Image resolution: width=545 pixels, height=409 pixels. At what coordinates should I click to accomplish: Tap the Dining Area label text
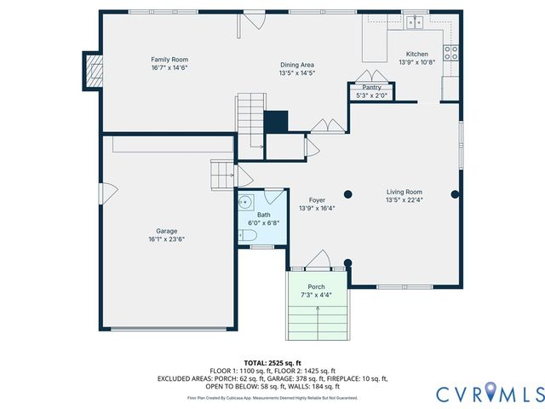click(x=298, y=65)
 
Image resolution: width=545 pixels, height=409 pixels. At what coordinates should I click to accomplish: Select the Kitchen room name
click(x=417, y=54)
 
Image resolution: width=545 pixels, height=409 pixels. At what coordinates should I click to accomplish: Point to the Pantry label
click(x=371, y=87)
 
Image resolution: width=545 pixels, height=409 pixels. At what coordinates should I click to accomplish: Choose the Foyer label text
click(x=317, y=200)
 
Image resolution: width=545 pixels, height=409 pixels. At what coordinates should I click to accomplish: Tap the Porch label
click(x=317, y=286)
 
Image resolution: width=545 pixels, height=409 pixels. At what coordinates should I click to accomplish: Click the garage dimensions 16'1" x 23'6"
click(x=167, y=239)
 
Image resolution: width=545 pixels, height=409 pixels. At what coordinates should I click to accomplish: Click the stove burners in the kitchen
click(x=452, y=54)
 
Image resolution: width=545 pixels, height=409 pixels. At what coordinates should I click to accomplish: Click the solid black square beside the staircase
click(x=276, y=121)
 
